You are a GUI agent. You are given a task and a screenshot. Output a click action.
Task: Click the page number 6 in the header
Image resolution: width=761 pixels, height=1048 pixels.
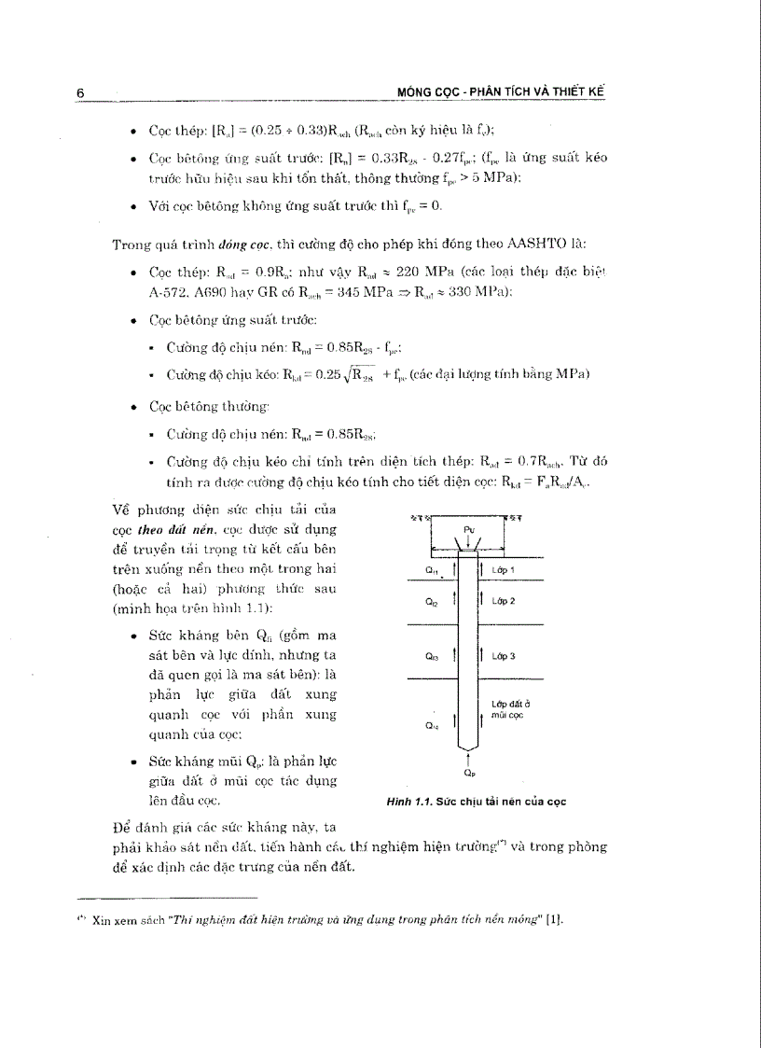(81, 92)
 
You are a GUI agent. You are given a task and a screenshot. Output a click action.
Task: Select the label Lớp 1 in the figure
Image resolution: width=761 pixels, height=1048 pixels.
(504, 568)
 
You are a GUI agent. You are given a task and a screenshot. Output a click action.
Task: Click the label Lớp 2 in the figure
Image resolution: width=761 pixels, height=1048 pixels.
(504, 601)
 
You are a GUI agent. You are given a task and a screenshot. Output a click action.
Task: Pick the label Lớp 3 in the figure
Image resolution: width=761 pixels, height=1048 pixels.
(504, 656)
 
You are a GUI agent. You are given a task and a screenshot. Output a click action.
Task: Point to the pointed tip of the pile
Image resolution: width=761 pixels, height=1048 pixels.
(467, 746)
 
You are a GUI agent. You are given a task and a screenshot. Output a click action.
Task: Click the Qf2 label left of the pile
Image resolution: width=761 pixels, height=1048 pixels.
(430, 602)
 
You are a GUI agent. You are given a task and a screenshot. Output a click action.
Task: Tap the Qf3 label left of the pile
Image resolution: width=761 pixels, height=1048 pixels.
(431, 657)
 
